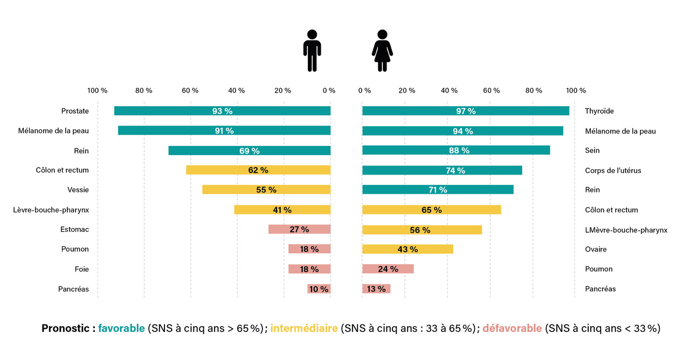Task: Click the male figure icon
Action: (312, 50)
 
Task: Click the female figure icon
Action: (382, 50)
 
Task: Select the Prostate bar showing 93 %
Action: (222, 111)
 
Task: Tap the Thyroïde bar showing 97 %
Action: (466, 111)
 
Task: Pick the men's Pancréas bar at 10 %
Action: (319, 289)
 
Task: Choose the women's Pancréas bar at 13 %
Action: (376, 289)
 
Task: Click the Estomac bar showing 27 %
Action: (299, 230)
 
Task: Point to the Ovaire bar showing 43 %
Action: (408, 249)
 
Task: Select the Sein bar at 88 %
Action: (456, 150)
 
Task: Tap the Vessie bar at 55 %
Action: (266, 190)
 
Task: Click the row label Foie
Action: (82, 269)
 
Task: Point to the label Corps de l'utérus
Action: (613, 170)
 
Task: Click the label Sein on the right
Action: (592, 150)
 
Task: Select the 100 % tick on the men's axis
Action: (97, 91)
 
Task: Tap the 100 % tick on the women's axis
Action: (576, 91)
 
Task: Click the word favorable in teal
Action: (121, 328)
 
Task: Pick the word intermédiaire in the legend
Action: (304, 328)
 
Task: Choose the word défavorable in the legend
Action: (512, 328)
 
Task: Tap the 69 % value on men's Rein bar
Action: (249, 151)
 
